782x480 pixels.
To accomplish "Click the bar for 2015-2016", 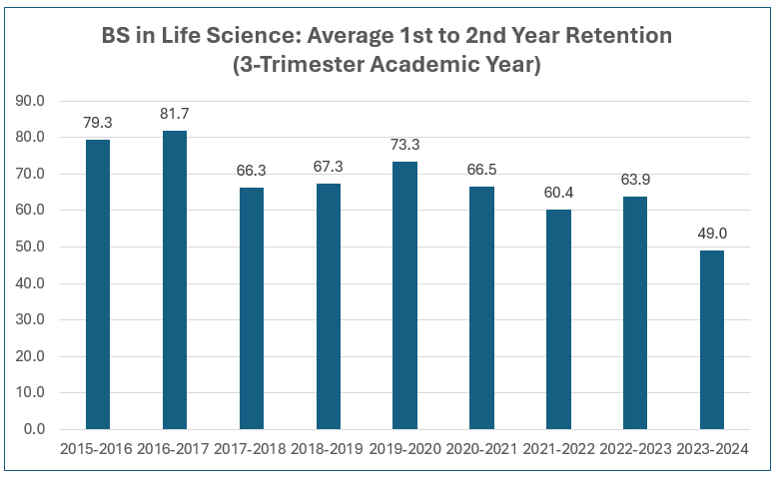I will point(98,284).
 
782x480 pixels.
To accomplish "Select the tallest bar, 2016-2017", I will point(175,279).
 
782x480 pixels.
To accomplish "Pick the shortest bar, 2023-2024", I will point(712,339).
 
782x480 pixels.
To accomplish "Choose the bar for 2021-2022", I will point(558,319).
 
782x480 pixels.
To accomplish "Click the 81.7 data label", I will point(175,114).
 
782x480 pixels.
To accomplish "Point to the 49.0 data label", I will point(712,234).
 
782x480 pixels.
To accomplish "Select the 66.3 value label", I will point(252,171).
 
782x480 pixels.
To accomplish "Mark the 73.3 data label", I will point(404,145).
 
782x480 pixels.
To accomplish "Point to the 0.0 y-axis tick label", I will point(33,429).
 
